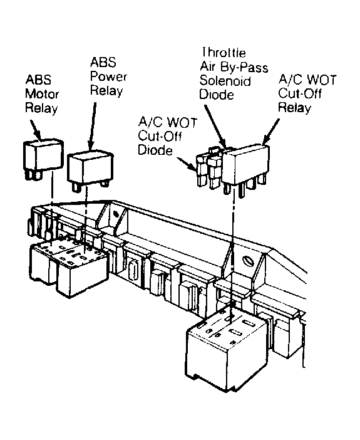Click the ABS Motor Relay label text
click(42, 94)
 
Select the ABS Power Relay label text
click(108, 76)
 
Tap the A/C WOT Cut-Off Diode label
click(167, 137)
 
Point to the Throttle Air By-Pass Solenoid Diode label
click(234, 73)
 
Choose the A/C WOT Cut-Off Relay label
click(307, 93)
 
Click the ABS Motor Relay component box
click(43, 159)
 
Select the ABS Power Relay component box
click(90, 170)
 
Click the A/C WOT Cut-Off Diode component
click(201, 171)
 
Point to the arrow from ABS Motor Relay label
click(36, 130)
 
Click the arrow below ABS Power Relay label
click(92, 127)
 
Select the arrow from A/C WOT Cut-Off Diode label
click(187, 164)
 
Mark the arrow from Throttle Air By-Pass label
click(215, 127)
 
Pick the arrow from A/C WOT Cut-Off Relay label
click(270, 132)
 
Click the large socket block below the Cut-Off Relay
click(227, 349)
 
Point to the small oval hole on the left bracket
click(115, 214)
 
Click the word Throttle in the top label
click(224, 53)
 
